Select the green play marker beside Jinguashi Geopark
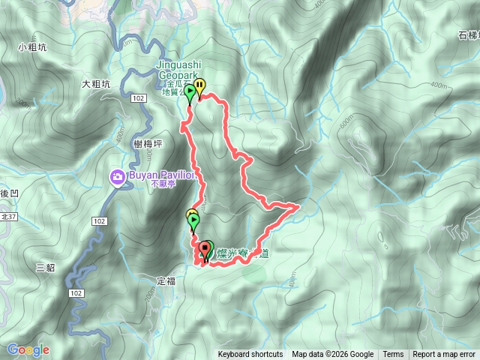[190, 93]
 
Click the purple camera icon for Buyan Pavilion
[118, 178]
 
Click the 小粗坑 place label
[31, 46]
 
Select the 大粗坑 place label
[97, 84]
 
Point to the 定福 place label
[166, 281]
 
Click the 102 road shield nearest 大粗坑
[136, 97]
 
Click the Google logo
[28, 349]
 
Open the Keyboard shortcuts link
[250, 355]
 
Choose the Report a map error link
[445, 355]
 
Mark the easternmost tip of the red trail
[299, 204]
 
